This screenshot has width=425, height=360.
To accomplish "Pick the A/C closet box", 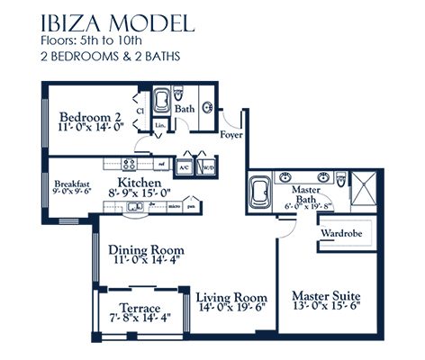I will (x=184, y=166).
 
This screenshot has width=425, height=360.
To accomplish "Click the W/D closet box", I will (x=208, y=166).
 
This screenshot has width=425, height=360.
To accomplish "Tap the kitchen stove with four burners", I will (x=128, y=164).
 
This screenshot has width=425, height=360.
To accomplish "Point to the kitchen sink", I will (x=135, y=207).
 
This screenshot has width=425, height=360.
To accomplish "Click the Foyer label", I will (x=231, y=136).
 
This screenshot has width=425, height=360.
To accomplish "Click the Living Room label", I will (x=231, y=298).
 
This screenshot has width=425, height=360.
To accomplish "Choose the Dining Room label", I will (x=146, y=249).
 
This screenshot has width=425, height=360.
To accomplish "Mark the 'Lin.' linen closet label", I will (x=159, y=125).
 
